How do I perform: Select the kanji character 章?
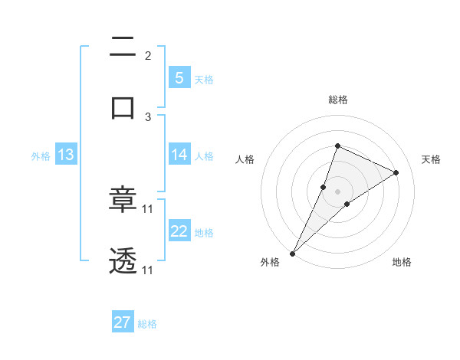click(123, 201)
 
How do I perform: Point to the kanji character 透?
click(123, 261)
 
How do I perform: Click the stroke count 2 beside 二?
click(148, 56)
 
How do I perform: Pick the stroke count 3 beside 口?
click(148, 116)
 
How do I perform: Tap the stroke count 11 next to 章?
click(148, 208)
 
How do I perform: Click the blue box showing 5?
click(179, 77)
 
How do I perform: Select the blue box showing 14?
click(179, 155)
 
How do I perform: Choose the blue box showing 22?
click(179, 231)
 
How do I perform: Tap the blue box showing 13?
click(66, 155)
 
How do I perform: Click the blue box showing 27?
click(123, 322)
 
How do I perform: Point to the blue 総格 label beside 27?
click(147, 324)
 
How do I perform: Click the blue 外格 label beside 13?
click(41, 156)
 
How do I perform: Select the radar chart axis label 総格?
click(337, 100)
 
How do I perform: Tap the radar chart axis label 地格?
click(402, 262)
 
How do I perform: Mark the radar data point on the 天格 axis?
click(396, 172)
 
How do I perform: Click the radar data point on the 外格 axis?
click(292, 253)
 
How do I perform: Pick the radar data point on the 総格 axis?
click(337, 146)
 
